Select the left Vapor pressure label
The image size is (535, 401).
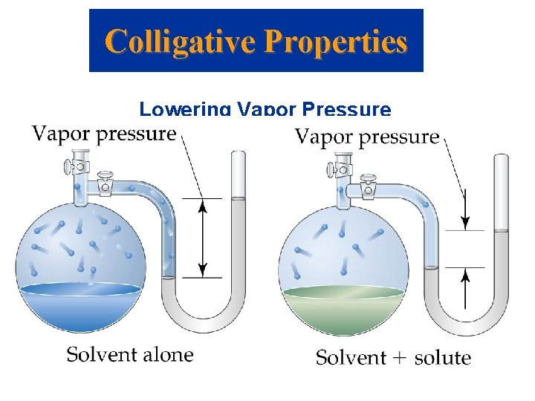[104, 134]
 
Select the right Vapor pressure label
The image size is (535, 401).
[367, 137]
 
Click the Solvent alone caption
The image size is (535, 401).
[130, 354]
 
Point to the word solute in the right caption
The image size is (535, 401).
[443, 358]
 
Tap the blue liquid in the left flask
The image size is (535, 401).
[80, 304]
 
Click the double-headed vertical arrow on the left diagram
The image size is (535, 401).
[201, 238]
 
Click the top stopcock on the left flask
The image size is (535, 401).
[75, 165]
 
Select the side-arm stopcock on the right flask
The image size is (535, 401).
[369, 188]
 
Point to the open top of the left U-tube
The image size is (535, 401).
[238, 153]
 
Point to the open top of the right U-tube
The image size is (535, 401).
[502, 157]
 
